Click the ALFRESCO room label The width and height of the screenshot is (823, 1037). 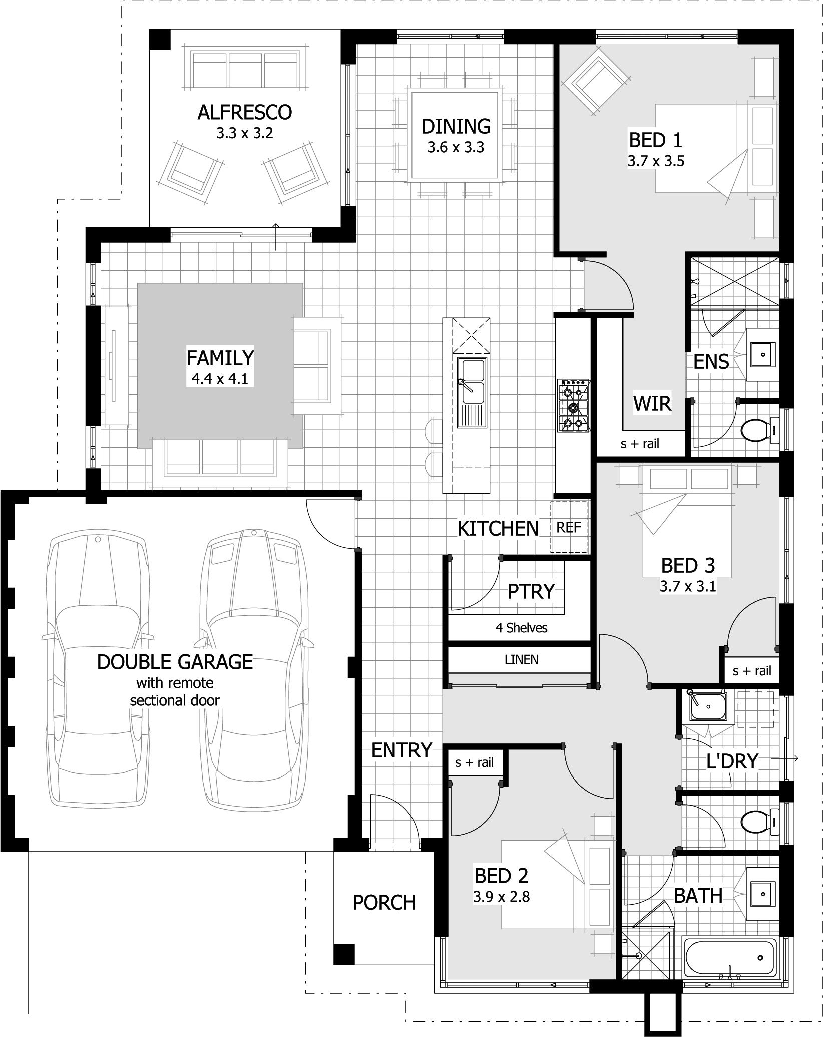[244, 112]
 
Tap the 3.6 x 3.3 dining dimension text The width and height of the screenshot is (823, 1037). [456, 147]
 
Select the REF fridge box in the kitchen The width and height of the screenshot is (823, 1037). [569, 527]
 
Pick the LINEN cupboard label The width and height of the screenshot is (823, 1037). [521, 660]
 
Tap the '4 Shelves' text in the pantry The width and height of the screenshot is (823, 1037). [521, 628]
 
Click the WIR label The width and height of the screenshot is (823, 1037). [652, 403]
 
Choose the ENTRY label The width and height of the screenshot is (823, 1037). [401, 750]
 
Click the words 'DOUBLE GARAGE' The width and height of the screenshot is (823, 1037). [175, 662]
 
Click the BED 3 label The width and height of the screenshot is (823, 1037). [688, 565]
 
